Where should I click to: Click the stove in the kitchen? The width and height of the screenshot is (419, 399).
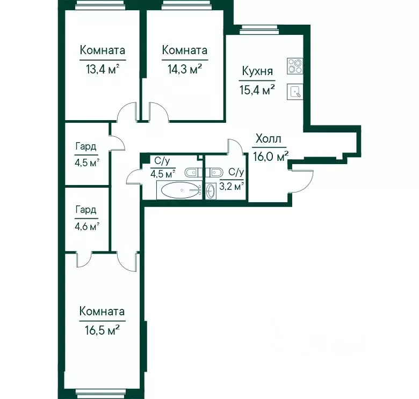coord(295,66)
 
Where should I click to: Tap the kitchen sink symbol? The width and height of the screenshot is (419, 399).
coord(295,92)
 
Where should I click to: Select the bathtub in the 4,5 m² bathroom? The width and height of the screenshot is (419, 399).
coord(179,190)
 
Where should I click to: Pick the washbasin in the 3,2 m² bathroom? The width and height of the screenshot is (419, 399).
coord(211,191)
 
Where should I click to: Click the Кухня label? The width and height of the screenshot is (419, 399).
coord(257,72)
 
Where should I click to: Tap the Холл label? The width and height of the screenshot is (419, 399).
coord(268,139)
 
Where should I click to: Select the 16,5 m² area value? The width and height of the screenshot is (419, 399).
coord(102,331)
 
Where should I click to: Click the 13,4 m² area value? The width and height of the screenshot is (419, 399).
coord(103,70)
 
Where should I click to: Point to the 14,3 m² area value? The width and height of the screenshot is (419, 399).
coord(184,70)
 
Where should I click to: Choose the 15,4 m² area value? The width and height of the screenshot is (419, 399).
coord(257,90)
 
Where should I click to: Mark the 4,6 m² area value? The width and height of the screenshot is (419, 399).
coord(87,227)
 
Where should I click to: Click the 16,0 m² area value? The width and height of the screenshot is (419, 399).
coord(271,157)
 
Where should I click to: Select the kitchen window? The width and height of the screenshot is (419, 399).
coord(259,29)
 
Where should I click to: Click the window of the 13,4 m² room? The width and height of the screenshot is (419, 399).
coord(99,5)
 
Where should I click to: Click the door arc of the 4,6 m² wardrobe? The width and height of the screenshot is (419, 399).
coord(84,261)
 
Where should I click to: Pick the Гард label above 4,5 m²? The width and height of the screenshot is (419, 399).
coord(86,146)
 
